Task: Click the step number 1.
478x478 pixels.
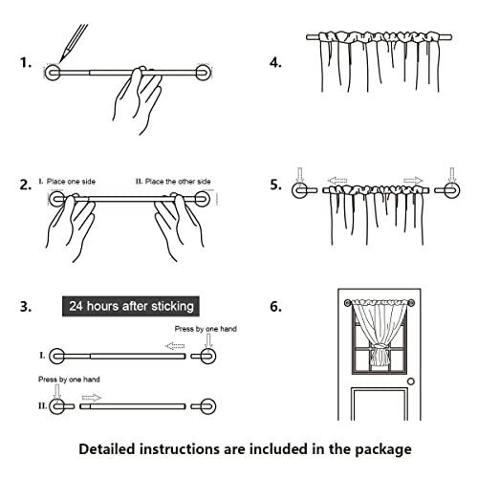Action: (25, 65)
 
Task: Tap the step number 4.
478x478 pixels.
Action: (275, 65)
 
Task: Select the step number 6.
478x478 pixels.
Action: (275, 308)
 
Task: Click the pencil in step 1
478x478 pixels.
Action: (66, 43)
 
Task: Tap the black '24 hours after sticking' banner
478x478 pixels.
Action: (131, 307)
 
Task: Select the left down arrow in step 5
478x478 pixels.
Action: (299, 174)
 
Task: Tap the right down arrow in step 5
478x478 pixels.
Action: (452, 174)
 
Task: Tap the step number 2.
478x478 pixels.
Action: (25, 185)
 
